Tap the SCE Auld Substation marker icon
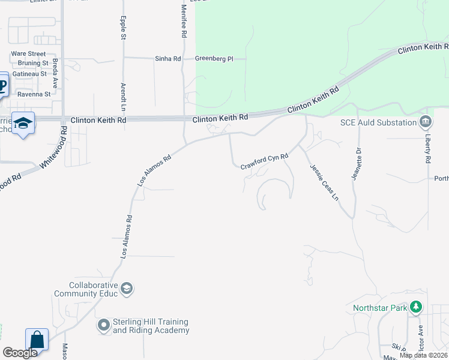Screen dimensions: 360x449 426,122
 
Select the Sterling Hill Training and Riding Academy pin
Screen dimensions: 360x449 104,326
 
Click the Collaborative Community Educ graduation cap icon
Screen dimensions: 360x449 127,289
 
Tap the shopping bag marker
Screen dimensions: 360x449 37,340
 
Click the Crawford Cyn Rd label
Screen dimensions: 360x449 265,161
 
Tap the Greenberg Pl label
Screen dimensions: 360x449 212,59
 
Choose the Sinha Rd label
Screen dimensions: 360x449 169,59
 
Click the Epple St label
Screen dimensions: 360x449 124,28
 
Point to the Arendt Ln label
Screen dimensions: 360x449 124,96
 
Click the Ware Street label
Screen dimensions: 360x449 28,53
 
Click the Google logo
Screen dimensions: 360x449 20,353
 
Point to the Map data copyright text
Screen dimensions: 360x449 423,355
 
